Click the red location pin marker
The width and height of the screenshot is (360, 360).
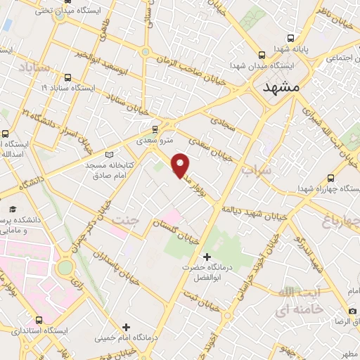pos(181,165)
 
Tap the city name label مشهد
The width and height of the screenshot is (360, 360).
pos(281,88)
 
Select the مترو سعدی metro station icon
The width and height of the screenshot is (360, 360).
pos(155,129)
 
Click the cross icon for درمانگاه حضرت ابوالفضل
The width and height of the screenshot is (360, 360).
pos(206,257)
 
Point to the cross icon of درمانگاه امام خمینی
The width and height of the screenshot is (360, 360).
pos(126,326)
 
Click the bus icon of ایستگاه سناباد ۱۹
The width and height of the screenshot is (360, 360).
pos(67,77)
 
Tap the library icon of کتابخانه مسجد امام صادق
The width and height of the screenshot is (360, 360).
pos(108,155)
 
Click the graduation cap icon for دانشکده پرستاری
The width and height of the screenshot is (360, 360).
pos(13,210)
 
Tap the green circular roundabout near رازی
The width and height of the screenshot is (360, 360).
pos(65,268)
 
